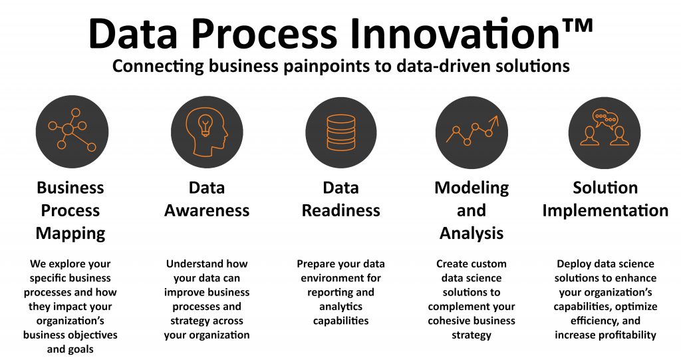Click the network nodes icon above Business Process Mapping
(x=72, y=131)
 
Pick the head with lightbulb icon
(x=206, y=131)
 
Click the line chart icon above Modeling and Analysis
(x=472, y=131)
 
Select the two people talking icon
(x=605, y=131)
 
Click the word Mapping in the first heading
(x=70, y=234)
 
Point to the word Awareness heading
(x=207, y=211)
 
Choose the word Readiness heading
(x=340, y=211)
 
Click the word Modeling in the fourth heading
(x=472, y=188)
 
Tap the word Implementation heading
(x=605, y=211)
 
